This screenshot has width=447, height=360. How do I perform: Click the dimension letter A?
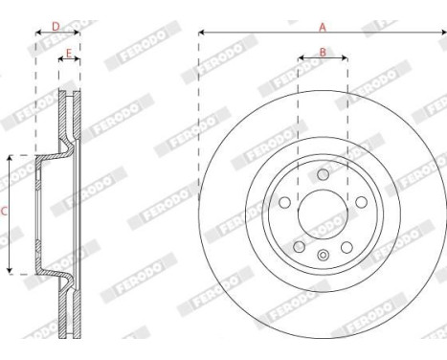(322, 27)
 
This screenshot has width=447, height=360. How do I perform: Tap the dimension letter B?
(323, 52)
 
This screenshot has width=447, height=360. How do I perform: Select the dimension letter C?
(5, 213)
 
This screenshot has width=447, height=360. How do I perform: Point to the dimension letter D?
(56, 26)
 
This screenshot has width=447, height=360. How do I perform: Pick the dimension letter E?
(69, 52)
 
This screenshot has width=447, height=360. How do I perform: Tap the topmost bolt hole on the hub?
(323, 173)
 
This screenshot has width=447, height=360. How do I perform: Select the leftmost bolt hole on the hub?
(285, 202)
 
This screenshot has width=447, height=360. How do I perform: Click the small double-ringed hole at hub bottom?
(323, 254)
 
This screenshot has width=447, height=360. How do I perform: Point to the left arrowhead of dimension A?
(202, 34)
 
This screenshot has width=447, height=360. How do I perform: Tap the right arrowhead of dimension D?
(78, 34)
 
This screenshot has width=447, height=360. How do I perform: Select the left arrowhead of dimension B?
(301, 58)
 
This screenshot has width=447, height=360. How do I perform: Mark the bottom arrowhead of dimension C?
(11, 272)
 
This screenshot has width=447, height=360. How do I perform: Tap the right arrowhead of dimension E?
(78, 58)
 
